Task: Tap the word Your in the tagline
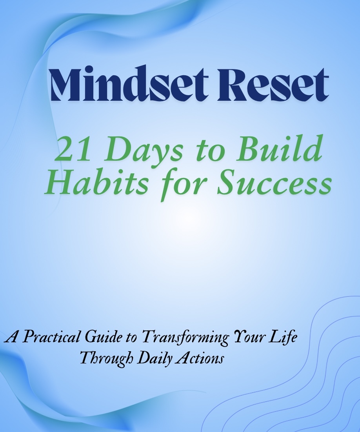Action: tap(251, 337)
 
